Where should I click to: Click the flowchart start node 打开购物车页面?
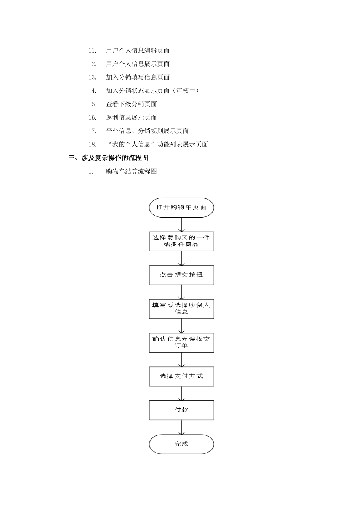[x=181, y=208]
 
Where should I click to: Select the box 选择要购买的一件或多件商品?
[x=181, y=241]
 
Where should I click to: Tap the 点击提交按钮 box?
[x=181, y=275]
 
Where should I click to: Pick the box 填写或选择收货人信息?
[x=181, y=309]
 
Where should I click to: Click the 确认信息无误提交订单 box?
[x=181, y=342]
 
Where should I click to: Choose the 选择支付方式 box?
[x=181, y=376]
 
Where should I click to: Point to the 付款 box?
[x=181, y=410]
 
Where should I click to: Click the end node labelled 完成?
[x=181, y=444]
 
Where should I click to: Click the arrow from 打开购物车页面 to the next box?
[x=181, y=224]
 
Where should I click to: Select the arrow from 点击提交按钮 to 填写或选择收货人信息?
[x=181, y=292]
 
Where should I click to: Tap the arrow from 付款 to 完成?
[x=181, y=427]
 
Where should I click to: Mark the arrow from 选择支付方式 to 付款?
[x=181, y=394]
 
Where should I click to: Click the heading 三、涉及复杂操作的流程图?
[x=108, y=158]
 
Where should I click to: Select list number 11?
[x=92, y=51]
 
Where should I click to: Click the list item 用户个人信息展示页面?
[x=138, y=64]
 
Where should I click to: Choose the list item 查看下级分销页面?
[x=131, y=104]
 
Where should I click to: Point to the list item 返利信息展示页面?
[x=131, y=117]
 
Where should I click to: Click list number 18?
[x=92, y=144]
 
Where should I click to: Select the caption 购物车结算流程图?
[x=131, y=171]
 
